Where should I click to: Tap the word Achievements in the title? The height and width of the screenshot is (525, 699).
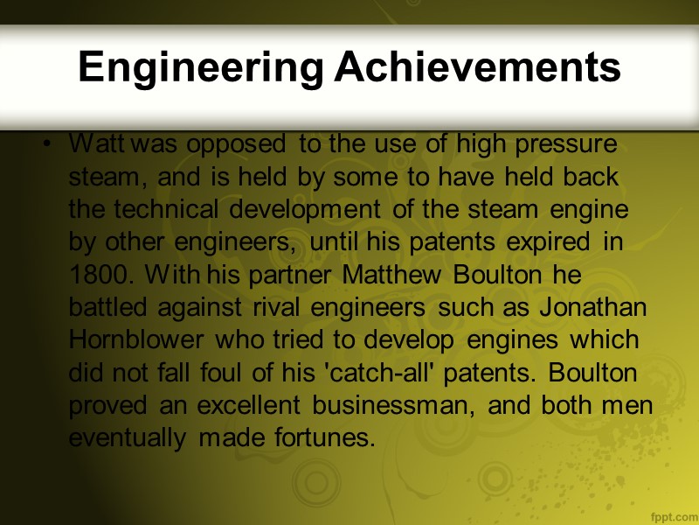(477, 66)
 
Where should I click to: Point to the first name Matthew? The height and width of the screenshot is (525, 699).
(392, 274)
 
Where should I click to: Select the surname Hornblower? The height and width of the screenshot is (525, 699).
(135, 339)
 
